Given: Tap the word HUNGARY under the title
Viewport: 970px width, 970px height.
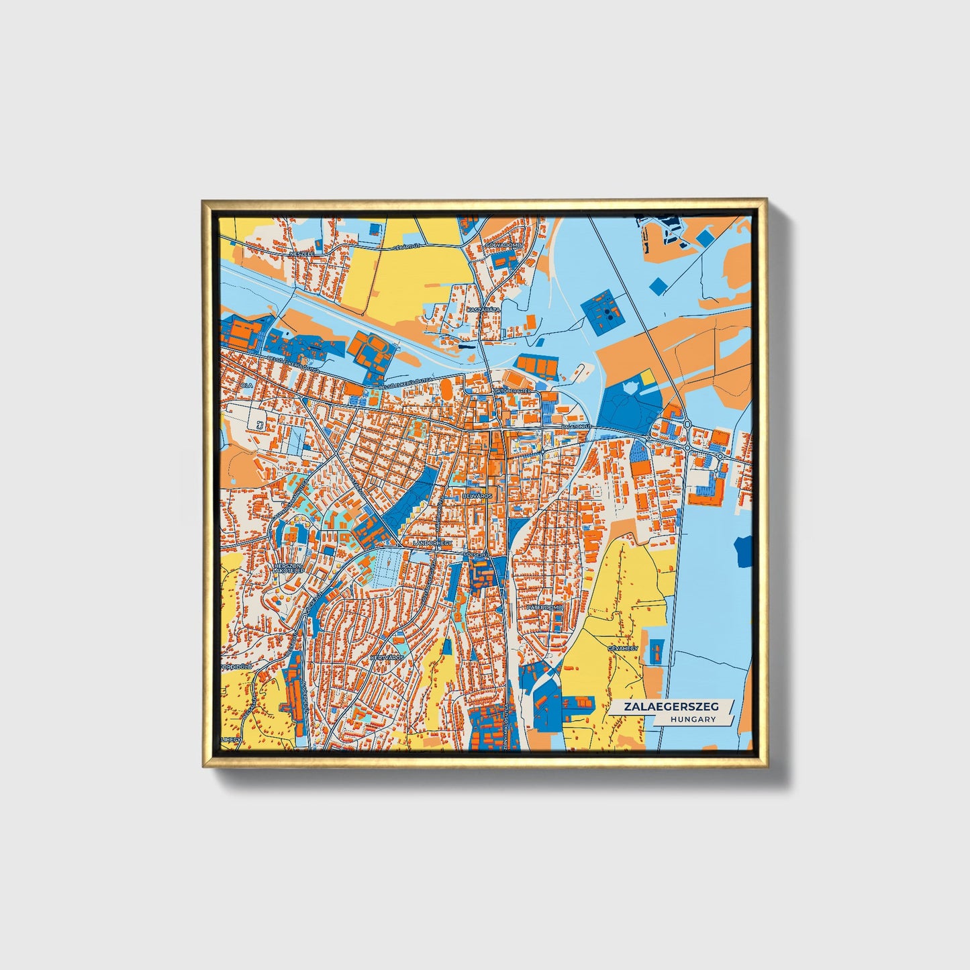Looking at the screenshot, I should point(693,719).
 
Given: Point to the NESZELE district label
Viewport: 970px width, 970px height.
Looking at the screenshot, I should point(301,255).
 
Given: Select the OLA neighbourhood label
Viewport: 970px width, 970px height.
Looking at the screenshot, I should point(247,386).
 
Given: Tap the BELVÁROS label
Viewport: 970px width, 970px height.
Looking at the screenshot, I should point(478,495).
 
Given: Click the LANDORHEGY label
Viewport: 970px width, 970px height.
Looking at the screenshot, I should point(434,542).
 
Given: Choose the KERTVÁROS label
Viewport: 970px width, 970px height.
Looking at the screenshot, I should point(388,658).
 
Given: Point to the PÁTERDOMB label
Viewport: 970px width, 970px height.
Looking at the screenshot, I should point(544,607).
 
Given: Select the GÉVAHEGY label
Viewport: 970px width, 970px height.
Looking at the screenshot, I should point(622,649).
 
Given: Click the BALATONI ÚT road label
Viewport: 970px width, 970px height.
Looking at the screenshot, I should point(578,426).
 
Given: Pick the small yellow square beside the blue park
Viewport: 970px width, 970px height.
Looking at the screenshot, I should point(648,378).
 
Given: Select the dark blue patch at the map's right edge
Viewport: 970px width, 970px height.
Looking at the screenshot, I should point(744,552).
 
